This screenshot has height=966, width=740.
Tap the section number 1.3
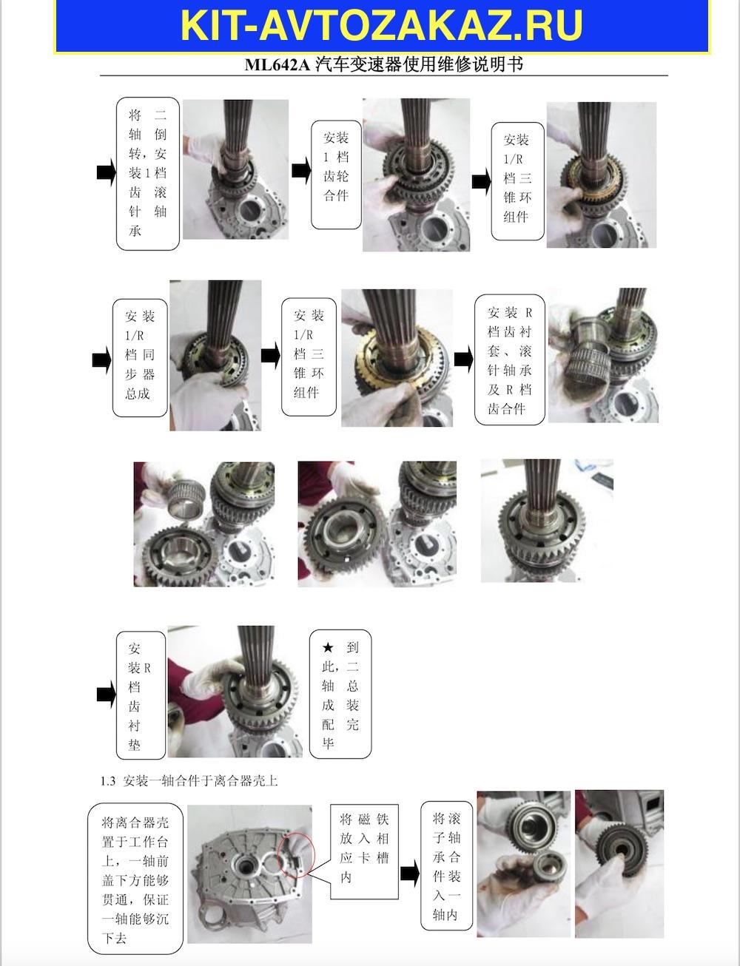(107, 781)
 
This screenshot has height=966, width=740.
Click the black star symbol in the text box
(328, 647)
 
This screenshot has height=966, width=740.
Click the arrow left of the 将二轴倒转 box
(107, 172)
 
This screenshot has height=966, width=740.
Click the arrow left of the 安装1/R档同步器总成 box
(101, 360)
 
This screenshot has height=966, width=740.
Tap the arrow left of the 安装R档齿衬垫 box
(107, 695)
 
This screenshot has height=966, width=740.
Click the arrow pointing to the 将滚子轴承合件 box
(409, 873)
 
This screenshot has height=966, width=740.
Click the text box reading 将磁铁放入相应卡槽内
(364, 851)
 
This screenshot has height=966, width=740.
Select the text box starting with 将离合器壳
(135, 879)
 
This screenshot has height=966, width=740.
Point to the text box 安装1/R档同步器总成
(140, 358)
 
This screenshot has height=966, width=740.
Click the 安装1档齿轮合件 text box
(336, 175)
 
